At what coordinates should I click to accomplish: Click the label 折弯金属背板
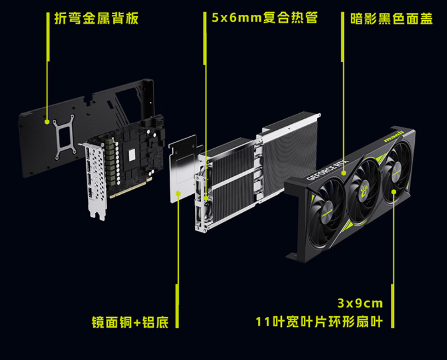(96, 18)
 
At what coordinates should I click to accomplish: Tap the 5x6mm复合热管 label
(265, 18)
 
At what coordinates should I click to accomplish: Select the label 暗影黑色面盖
(391, 19)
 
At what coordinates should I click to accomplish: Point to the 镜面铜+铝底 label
(130, 322)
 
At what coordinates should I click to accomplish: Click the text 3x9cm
(360, 303)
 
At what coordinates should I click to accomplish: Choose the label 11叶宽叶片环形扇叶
(319, 322)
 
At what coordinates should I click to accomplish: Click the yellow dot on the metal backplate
(47, 122)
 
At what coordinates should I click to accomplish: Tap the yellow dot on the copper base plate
(178, 194)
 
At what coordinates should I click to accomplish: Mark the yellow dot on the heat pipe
(206, 198)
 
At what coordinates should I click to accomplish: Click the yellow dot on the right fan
(394, 192)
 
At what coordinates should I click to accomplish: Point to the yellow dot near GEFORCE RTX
(343, 173)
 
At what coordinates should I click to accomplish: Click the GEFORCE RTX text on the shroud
(327, 170)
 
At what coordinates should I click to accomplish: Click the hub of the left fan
(327, 212)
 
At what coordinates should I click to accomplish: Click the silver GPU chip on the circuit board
(132, 154)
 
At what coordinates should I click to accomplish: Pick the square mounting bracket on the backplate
(64, 137)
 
